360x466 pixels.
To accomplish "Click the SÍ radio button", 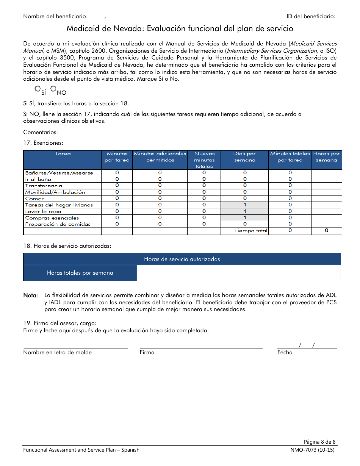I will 38,89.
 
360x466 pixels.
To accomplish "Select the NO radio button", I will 53,89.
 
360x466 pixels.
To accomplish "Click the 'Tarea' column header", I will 63,154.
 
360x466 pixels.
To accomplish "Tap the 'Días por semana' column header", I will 244,157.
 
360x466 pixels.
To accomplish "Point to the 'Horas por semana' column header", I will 326,157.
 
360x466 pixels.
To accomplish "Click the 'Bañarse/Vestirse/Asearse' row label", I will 59,173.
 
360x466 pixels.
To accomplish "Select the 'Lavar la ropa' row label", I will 43,211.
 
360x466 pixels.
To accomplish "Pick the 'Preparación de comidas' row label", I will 58,224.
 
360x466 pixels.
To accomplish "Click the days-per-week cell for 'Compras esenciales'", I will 244,218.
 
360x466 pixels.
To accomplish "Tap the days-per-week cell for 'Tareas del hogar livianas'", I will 244,205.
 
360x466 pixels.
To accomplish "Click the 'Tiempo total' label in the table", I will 250,231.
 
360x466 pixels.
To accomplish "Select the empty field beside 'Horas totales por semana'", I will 238,273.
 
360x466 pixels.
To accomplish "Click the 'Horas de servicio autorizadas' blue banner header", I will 182,259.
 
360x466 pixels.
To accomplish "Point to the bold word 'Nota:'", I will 30,295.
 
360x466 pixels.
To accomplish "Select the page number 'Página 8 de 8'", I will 319,442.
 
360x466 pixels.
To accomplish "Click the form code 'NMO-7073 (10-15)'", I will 311,450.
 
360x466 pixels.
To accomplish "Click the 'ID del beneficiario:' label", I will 311,16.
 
